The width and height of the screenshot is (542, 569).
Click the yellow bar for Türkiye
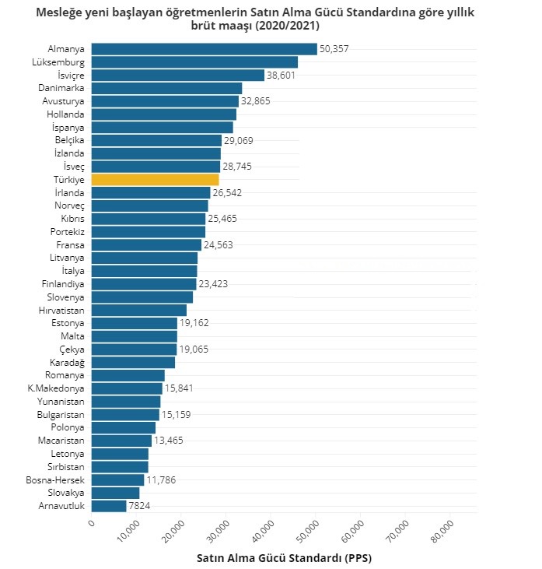[155, 180]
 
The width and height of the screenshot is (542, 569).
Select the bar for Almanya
[204, 49]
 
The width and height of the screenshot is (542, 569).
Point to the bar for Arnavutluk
[109, 506]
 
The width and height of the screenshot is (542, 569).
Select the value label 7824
[139, 506]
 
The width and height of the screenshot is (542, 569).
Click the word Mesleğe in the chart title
[59, 13]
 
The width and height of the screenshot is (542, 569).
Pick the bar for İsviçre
[178, 76]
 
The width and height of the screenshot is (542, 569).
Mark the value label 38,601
[282, 76]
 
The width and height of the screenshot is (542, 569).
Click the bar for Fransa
[146, 244]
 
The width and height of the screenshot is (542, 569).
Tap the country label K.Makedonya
[56, 388]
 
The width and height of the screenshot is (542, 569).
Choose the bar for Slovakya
[115, 493]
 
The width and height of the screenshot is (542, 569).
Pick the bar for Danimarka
[166, 88]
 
